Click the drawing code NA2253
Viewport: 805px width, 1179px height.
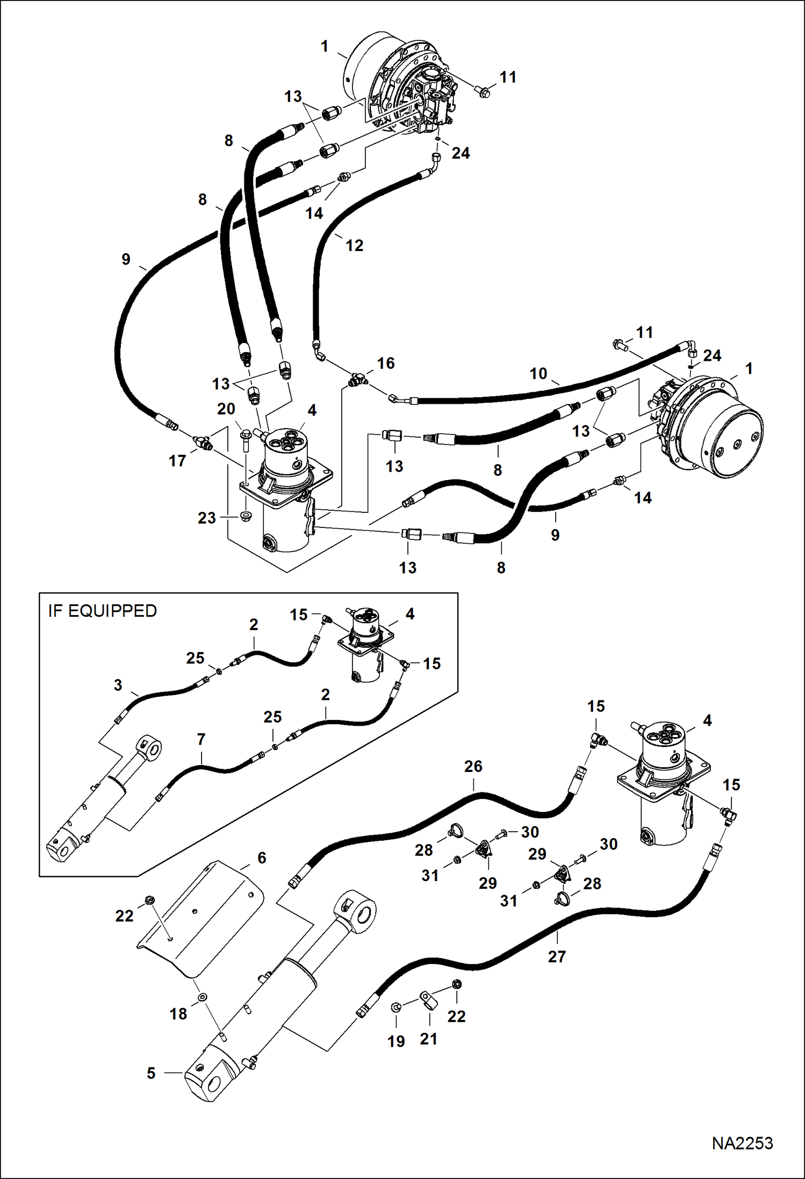pyautogui.click(x=742, y=1142)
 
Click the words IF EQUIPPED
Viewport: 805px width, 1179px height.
pyautogui.click(x=102, y=611)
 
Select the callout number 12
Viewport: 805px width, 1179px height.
pyautogui.click(x=354, y=246)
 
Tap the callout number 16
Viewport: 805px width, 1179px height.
pyautogui.click(x=385, y=363)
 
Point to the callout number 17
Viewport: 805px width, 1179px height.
pyautogui.click(x=177, y=461)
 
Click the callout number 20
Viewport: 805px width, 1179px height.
pyautogui.click(x=226, y=409)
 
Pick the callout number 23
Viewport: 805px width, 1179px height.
pyautogui.click(x=206, y=518)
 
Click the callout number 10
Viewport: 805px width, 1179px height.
pyautogui.click(x=538, y=373)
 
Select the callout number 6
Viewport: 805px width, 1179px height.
pyautogui.click(x=262, y=858)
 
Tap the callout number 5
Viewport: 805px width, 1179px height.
pyautogui.click(x=151, y=1073)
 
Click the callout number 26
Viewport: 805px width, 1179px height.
pyautogui.click(x=473, y=766)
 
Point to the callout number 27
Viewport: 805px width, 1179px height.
pyautogui.click(x=557, y=956)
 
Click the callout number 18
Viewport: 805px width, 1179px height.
pyautogui.click(x=178, y=1014)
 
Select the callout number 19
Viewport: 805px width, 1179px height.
pyautogui.click(x=396, y=1041)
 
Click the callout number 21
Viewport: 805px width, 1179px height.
pyautogui.click(x=428, y=1039)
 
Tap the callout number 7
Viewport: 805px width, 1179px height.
pyautogui.click(x=201, y=739)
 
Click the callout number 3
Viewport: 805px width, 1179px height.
pyautogui.click(x=118, y=685)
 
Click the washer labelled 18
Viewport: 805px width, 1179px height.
pyautogui.click(x=202, y=997)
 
